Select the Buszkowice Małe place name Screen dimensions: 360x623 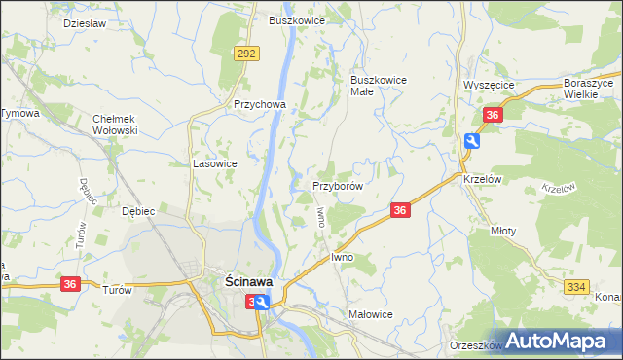point(378,86)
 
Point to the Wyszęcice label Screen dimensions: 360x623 point(489,86)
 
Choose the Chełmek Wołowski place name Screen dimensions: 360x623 point(116,124)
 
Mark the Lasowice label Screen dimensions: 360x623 point(215,164)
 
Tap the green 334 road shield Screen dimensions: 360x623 point(574,285)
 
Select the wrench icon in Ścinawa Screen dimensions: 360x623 point(261,304)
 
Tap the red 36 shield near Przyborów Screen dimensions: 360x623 point(399,210)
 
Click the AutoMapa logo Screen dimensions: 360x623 point(560,341)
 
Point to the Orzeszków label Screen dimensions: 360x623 point(475,344)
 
